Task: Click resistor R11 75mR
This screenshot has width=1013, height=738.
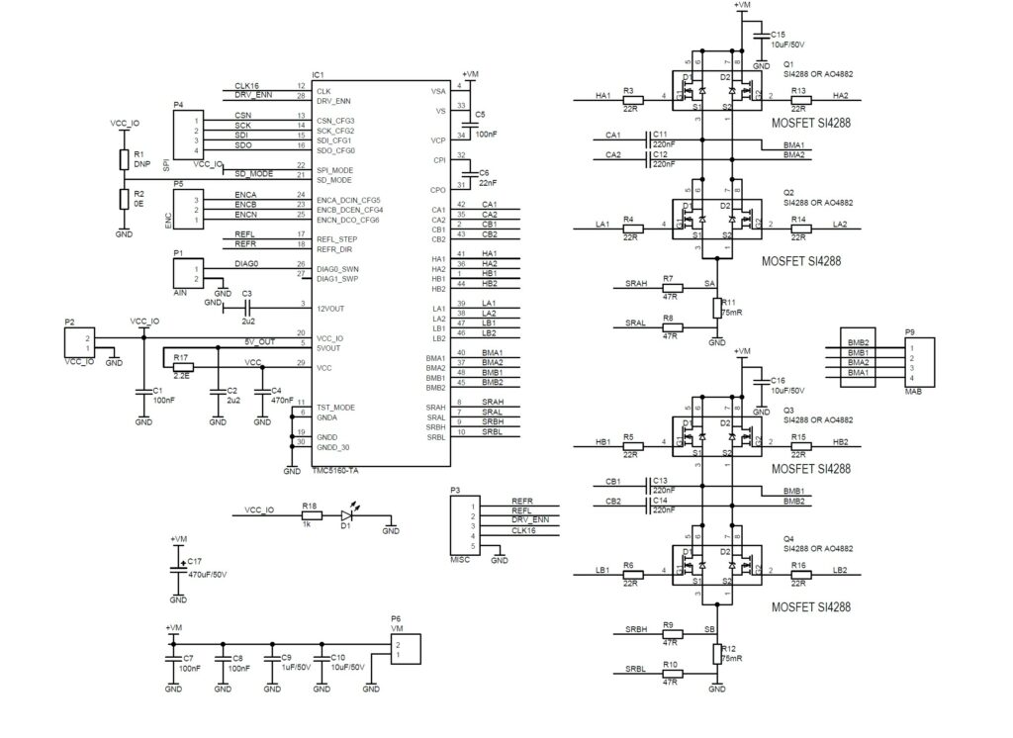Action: (x=717, y=309)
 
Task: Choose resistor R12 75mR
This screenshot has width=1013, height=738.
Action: (x=717, y=653)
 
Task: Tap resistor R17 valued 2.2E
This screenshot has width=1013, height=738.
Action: (x=181, y=367)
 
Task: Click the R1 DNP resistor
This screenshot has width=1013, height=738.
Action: (x=124, y=160)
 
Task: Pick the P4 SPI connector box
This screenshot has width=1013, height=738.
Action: (x=188, y=134)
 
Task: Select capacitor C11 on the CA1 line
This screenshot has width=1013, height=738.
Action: (x=649, y=136)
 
